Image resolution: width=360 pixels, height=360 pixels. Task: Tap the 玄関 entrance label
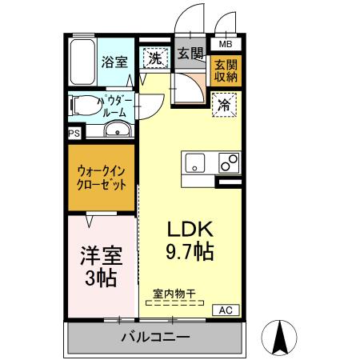(190, 55)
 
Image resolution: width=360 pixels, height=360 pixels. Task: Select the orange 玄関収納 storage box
(225, 70)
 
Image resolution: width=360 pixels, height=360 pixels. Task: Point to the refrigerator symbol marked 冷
(223, 105)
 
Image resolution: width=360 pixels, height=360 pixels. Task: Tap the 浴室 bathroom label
(114, 61)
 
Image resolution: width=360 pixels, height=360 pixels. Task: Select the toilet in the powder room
(84, 104)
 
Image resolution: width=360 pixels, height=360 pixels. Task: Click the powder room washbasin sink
(114, 130)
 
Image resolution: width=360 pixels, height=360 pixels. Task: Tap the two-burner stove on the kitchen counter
(228, 162)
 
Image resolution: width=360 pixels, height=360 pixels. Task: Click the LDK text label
(189, 228)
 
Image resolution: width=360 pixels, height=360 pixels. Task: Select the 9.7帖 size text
(189, 252)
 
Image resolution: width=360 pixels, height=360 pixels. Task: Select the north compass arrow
(280, 337)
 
